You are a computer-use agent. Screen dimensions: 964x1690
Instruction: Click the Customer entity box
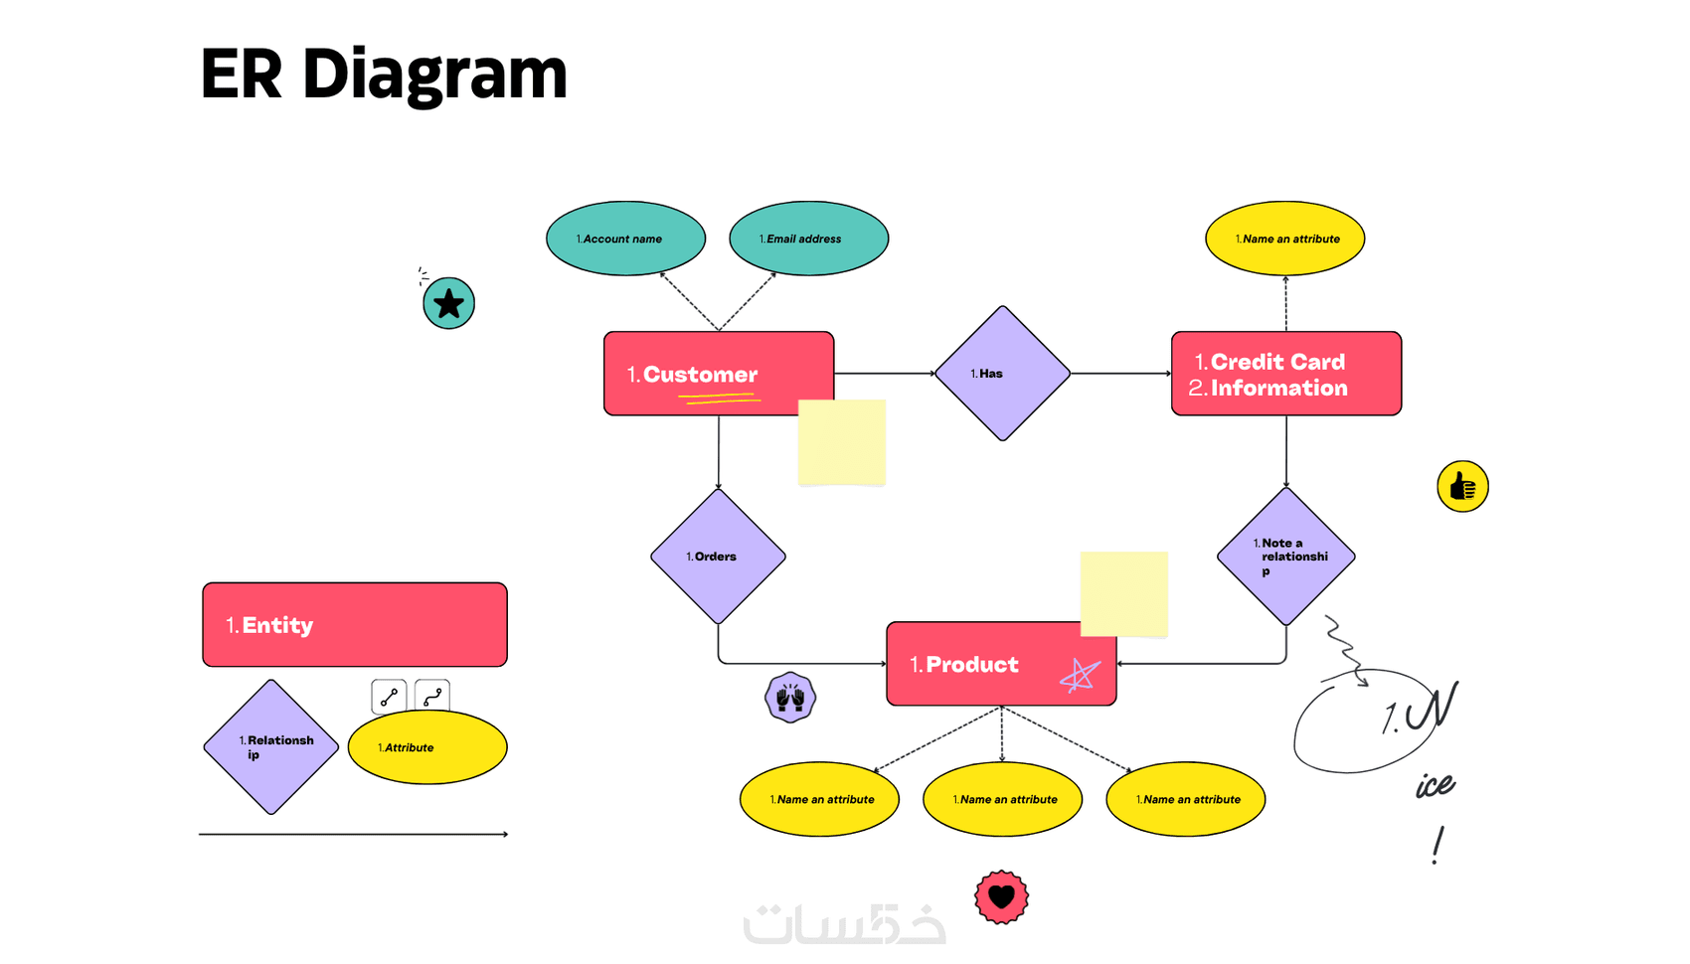(x=696, y=373)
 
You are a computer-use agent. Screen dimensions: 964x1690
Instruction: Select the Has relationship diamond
(x=1002, y=374)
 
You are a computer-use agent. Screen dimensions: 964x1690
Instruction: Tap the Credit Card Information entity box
(x=1286, y=374)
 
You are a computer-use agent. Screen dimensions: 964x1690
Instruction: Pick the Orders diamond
(x=718, y=557)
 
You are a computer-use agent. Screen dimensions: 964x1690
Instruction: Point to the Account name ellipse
(x=625, y=239)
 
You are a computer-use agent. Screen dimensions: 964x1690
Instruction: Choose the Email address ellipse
(x=808, y=239)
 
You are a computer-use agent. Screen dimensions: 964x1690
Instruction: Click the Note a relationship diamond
(x=1285, y=557)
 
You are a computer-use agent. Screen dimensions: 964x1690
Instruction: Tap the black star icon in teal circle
(x=448, y=303)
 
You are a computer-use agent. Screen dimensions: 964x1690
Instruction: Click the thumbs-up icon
(x=1462, y=487)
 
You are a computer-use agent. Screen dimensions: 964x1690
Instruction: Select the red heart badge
(x=1001, y=897)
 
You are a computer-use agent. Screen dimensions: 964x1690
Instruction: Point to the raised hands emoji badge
(x=790, y=698)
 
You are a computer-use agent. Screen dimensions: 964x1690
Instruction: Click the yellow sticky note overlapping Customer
(x=842, y=442)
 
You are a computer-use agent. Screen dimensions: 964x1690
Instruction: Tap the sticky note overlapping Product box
(x=1123, y=593)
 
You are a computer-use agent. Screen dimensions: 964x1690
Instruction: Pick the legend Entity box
(x=355, y=624)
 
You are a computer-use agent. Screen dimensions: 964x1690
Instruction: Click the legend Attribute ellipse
(x=427, y=747)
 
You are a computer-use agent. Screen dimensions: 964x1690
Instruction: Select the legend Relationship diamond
(x=271, y=747)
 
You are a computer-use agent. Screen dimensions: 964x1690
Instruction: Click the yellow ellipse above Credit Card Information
(x=1284, y=239)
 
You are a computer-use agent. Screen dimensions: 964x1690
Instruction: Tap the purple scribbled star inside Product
(x=1080, y=676)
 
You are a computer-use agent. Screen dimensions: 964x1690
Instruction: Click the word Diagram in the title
(x=434, y=75)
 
